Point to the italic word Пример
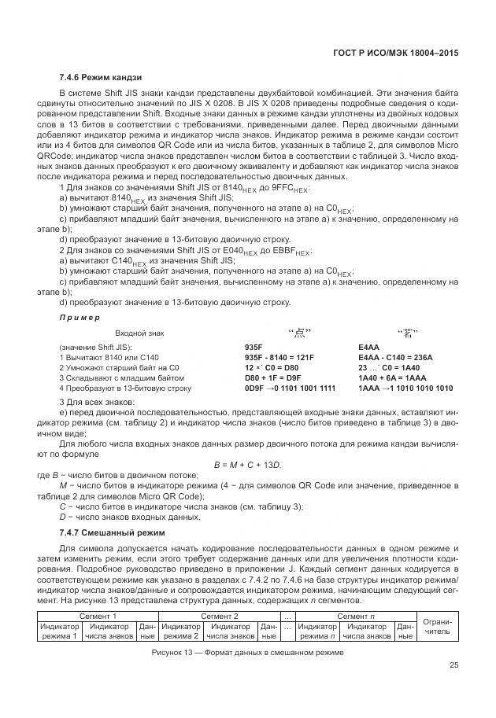click(x=80, y=317)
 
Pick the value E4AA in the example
click(x=368, y=347)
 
